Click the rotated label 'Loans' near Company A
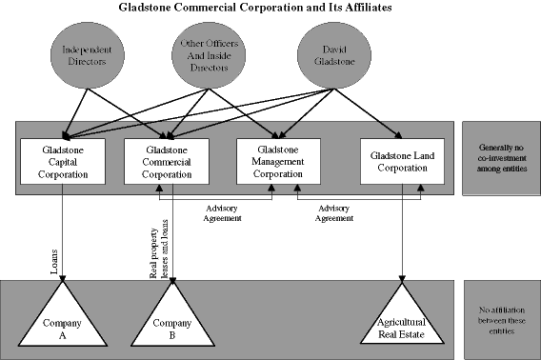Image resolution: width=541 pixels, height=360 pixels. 54,260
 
